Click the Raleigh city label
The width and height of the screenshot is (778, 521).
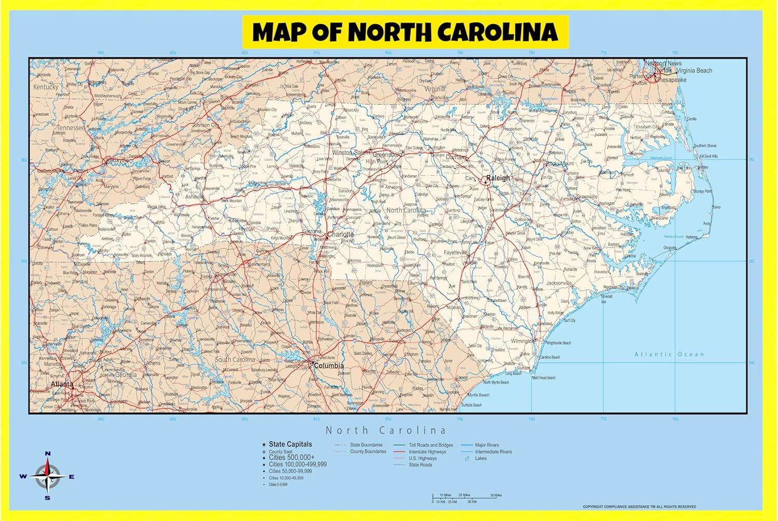coord(498,178)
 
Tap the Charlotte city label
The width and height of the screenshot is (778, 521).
coord(341,234)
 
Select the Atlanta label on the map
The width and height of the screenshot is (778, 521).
coord(62,384)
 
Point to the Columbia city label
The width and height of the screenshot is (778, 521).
coord(329,365)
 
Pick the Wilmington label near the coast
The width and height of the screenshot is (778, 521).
coord(521,341)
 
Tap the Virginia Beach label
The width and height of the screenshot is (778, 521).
coord(694,71)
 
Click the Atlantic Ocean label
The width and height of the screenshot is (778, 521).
coord(669,354)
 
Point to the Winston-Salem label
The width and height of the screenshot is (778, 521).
coord(351,152)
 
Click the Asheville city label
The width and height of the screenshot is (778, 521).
coord(195,197)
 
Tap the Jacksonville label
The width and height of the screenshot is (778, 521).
coord(559,283)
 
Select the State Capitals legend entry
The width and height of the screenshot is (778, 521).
coord(290,444)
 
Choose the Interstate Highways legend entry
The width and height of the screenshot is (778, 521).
coord(427,452)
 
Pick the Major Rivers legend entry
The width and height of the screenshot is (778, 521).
coord(487,445)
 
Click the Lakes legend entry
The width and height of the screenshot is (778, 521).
coord(481,458)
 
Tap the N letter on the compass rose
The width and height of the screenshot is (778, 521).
coord(48,454)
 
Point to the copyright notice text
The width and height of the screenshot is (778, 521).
coord(639,506)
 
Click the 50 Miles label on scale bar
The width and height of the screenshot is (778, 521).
coord(495,495)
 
